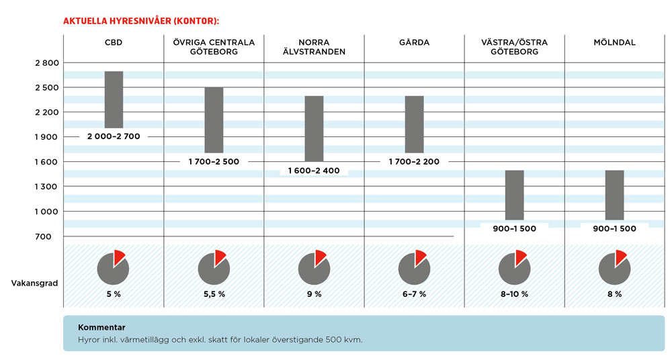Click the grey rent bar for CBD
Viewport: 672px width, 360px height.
point(114,99)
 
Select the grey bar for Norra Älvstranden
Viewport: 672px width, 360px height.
point(314,128)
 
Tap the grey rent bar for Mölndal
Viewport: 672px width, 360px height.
point(614,195)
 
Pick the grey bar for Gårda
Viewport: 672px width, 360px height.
point(414,124)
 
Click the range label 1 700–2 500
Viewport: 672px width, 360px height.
point(214,162)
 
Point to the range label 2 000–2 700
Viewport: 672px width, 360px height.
point(114,136)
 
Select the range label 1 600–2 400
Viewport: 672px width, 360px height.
point(314,171)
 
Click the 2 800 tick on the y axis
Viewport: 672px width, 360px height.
point(47,63)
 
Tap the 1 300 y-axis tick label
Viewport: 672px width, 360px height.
point(47,187)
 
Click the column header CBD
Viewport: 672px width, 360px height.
point(114,43)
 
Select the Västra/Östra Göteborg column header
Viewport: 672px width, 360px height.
point(514,47)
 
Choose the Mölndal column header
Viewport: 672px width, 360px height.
point(614,43)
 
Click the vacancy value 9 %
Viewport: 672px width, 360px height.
point(314,295)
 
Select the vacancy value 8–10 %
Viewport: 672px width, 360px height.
point(514,295)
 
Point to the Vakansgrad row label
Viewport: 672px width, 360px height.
point(34,283)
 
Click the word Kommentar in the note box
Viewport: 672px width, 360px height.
point(101,328)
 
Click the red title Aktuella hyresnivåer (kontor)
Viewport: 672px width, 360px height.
point(141,21)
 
